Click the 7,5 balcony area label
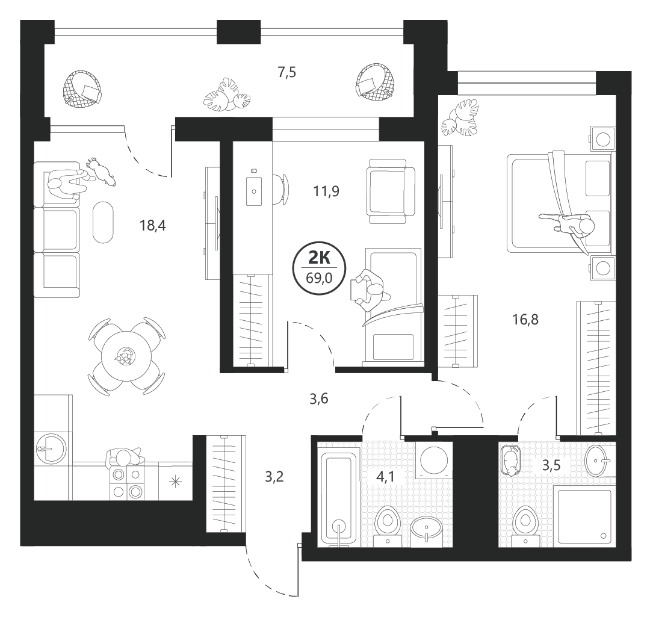(287, 73)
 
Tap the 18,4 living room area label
(152, 226)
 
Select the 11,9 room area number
(326, 191)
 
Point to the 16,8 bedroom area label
(525, 320)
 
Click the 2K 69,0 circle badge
(319, 268)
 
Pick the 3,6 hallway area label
(319, 399)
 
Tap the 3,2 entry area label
(274, 477)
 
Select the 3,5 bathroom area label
(551, 465)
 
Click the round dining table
(126, 356)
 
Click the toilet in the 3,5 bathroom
(525, 524)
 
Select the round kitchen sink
(51, 448)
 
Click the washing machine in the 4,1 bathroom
(434, 460)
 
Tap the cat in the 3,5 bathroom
(510, 460)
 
